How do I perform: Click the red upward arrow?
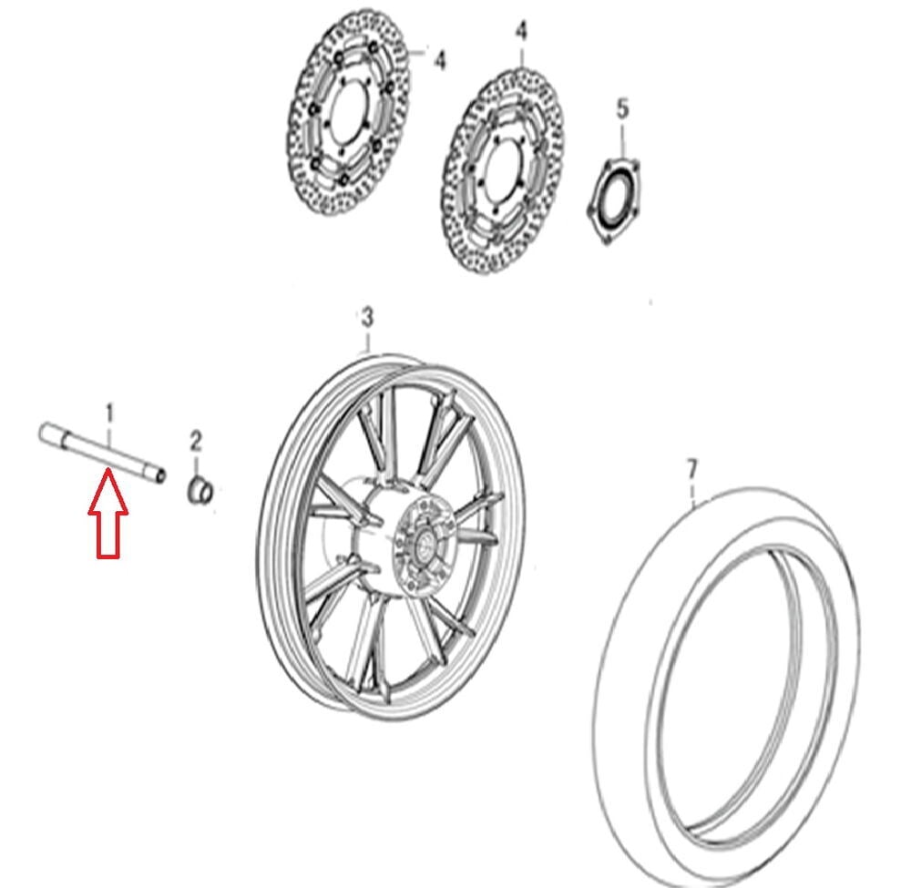pos(108,514)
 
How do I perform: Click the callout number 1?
pos(109,413)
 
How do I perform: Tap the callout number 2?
pos(196,442)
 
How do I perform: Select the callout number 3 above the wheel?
pos(367,318)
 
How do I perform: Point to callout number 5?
pos(622,108)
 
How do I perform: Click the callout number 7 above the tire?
pos(691,469)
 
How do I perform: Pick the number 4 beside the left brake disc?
pos(440,59)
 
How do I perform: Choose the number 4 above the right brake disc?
pos(522,31)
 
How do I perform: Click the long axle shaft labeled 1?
pos(102,451)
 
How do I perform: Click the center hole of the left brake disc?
pos(348,117)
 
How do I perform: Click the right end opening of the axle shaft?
pos(159,475)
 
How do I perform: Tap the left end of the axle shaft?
pos(44,434)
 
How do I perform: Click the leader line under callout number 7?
pos(692,492)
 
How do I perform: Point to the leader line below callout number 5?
pos(623,140)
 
